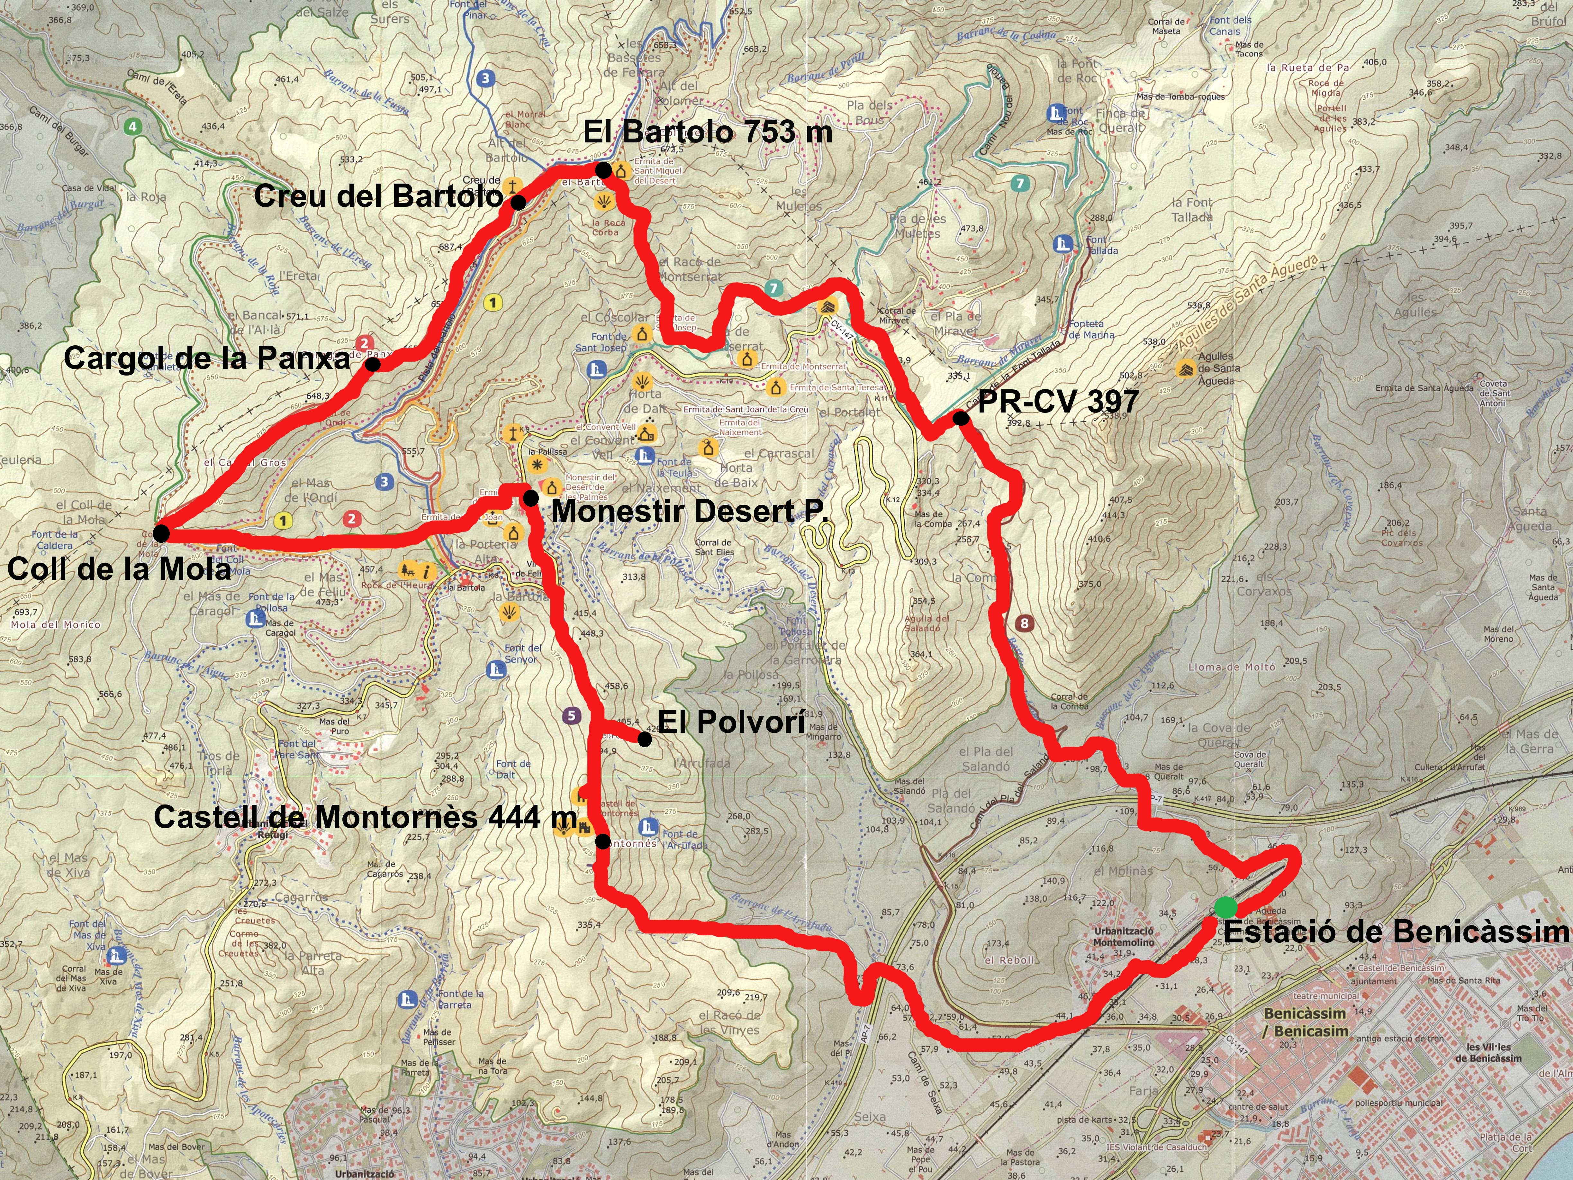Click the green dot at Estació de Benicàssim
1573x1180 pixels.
coord(1225,907)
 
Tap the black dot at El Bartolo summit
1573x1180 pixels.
coord(602,170)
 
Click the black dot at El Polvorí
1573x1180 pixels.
coord(644,740)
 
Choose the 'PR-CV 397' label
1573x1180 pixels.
coord(1057,402)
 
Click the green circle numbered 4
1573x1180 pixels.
coord(131,127)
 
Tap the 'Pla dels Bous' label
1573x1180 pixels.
coord(869,113)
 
